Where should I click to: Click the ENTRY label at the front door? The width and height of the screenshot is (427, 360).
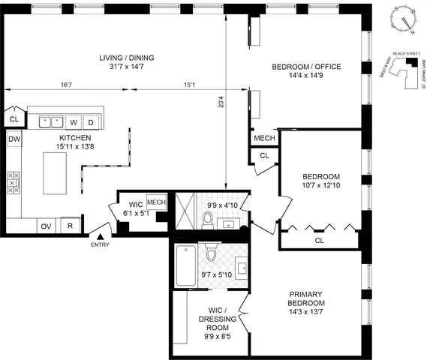tap(99, 244)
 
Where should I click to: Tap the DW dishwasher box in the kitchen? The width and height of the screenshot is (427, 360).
tap(14, 139)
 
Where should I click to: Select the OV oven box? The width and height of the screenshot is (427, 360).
tap(47, 226)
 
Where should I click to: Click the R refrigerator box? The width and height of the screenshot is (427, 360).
tap(70, 226)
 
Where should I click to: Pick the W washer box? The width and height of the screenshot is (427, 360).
tap(74, 121)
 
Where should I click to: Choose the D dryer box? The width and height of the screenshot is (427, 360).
tap(92, 121)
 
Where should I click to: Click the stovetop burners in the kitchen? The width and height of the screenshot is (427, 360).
tap(14, 184)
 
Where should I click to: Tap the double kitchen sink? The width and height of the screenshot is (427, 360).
tap(51, 121)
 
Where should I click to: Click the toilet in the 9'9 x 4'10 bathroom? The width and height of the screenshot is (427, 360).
tap(207, 219)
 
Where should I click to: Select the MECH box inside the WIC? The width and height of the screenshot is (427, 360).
tap(156, 202)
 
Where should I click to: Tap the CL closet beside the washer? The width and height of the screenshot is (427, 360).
tap(14, 118)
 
